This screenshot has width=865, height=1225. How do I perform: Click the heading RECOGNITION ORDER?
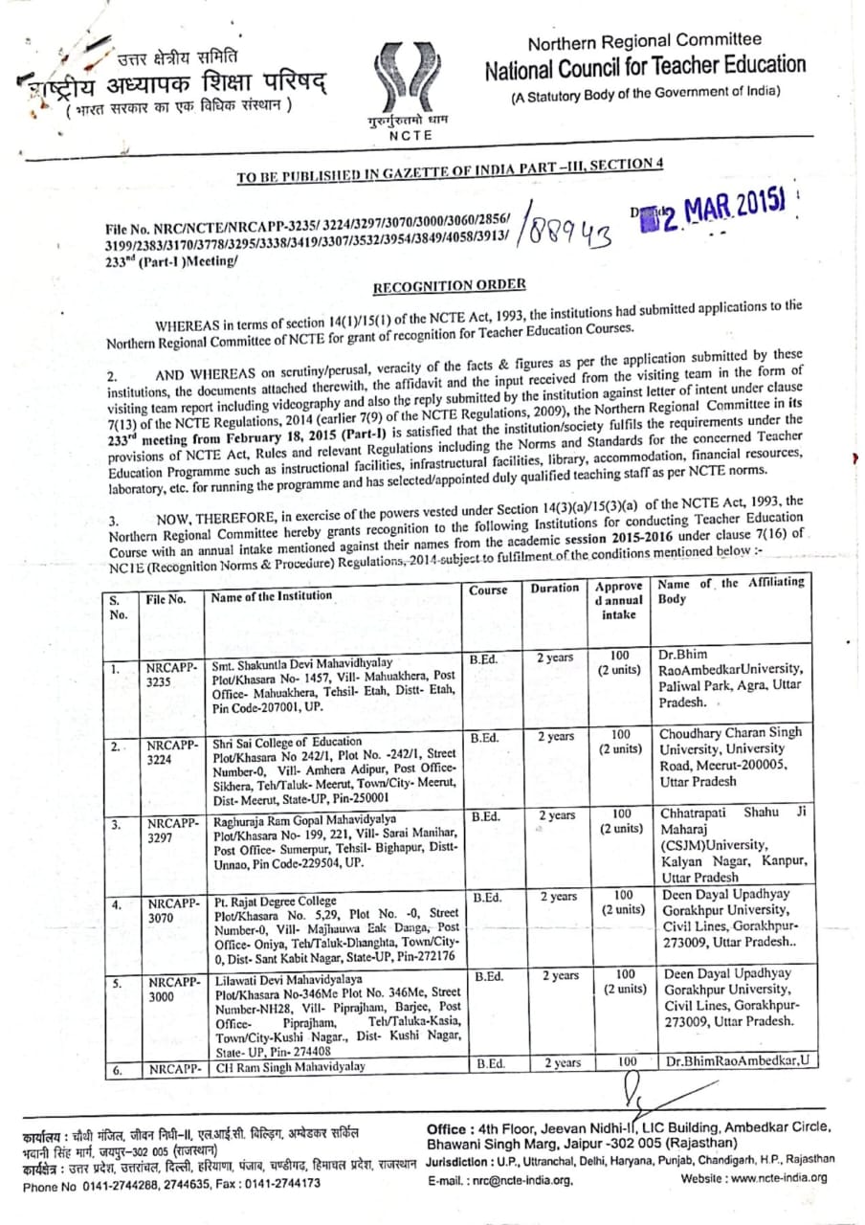[449, 285]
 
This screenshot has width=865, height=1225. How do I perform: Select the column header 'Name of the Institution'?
[272, 596]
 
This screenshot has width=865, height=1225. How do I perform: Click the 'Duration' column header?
[555, 589]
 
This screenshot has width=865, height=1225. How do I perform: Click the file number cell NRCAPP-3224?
[172, 753]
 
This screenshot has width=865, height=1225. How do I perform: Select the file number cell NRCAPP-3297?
[172, 830]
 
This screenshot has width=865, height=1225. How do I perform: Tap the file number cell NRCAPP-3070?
[172, 910]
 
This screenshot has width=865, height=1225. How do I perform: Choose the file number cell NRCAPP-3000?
[172, 989]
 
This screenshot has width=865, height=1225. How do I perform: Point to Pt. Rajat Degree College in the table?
[275, 901]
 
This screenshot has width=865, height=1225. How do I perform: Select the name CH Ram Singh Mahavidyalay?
[291, 1065]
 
